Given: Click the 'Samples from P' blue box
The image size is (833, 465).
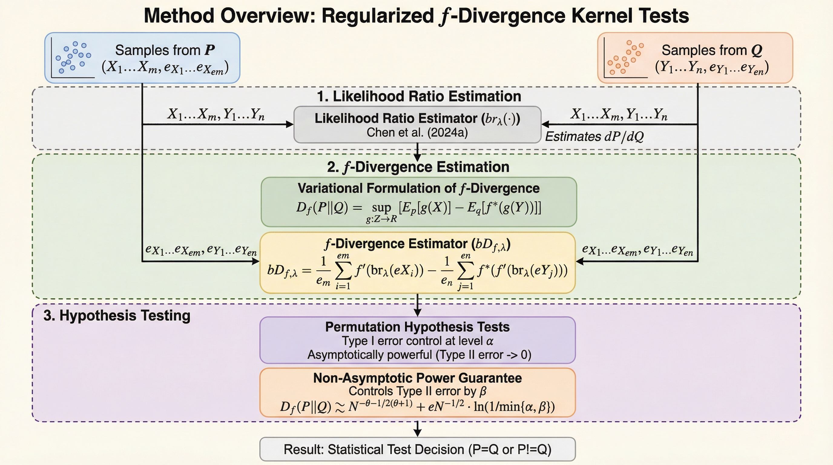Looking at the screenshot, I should (x=142, y=58).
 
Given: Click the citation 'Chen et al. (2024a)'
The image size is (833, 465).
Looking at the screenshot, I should (x=417, y=133).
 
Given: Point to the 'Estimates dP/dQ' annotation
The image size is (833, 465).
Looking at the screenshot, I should (x=594, y=137).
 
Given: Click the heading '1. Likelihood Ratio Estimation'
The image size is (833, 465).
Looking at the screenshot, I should (x=419, y=96).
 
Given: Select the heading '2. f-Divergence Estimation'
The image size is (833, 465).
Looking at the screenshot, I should (x=418, y=167).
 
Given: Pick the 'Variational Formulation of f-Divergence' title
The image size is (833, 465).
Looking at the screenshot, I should (x=418, y=188).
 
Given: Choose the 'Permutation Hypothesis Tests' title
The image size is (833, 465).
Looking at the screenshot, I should (x=417, y=327).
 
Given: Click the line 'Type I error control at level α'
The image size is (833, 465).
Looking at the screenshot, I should (x=417, y=341).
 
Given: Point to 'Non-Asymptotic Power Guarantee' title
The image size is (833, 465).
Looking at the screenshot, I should (x=417, y=378).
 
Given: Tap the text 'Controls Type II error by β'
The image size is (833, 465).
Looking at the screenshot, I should (x=417, y=391).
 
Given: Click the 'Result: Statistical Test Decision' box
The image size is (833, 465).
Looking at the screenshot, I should (x=417, y=449).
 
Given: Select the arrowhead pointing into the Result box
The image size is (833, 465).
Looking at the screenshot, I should (x=417, y=433).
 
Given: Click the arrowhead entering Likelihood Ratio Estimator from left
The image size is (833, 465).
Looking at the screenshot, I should (x=289, y=124).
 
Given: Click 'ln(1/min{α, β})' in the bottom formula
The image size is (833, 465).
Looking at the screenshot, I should (x=514, y=407).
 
